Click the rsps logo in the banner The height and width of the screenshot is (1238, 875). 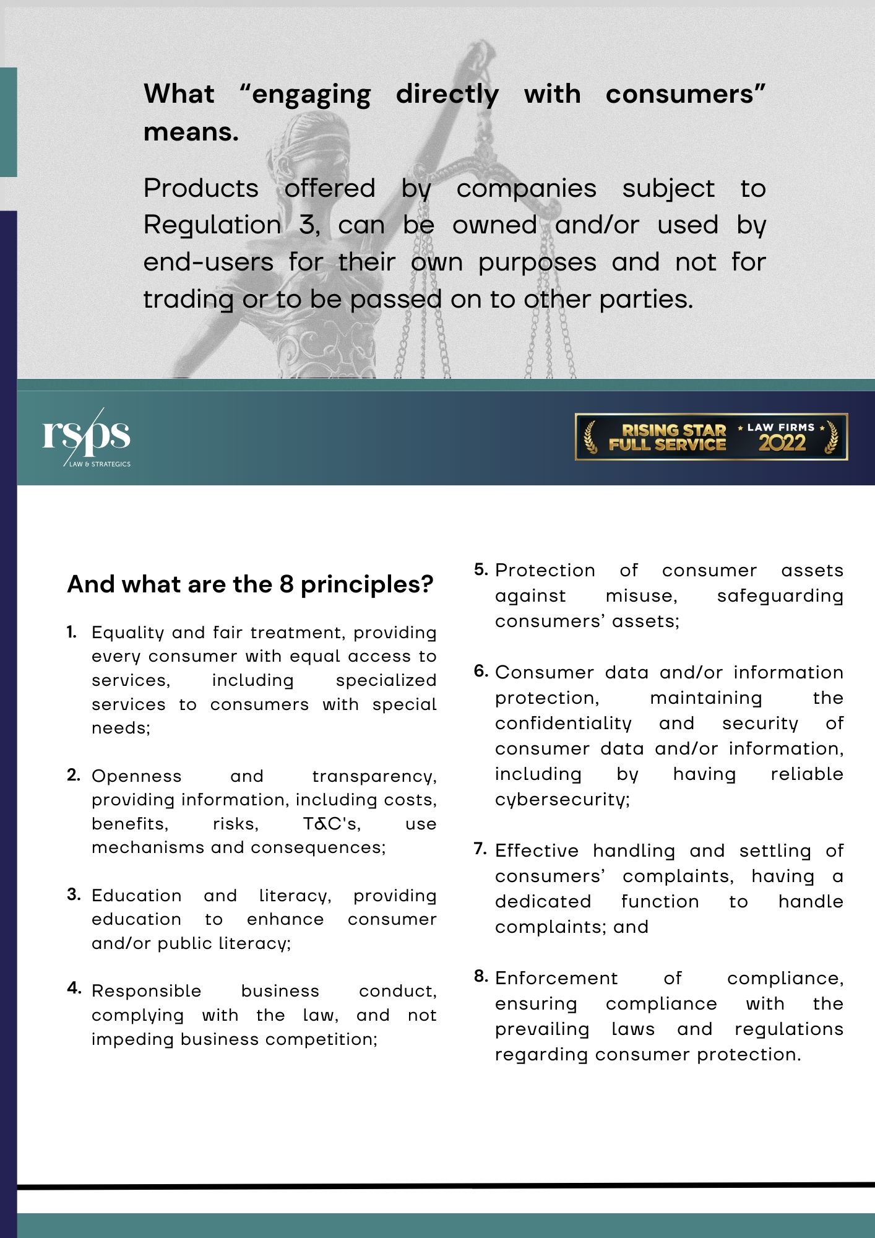click(86, 436)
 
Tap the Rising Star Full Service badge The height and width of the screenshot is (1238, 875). click(711, 437)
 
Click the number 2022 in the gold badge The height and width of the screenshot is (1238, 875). click(782, 443)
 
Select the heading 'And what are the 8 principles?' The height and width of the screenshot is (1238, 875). click(250, 584)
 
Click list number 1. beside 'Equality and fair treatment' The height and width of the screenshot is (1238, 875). click(72, 632)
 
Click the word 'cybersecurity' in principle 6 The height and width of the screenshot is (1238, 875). click(561, 799)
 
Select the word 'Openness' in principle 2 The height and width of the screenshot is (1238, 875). click(136, 776)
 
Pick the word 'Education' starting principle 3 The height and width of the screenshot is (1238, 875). click(136, 896)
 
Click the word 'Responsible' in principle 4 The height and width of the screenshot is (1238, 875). click(146, 991)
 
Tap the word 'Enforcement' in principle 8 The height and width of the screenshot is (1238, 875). click(556, 978)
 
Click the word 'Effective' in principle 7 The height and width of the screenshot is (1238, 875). click(537, 851)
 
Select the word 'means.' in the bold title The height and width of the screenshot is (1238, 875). click(191, 132)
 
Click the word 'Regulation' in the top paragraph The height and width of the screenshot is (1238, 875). click(212, 225)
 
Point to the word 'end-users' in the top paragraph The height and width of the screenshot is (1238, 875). click(209, 262)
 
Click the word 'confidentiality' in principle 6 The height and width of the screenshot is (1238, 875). click(563, 723)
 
